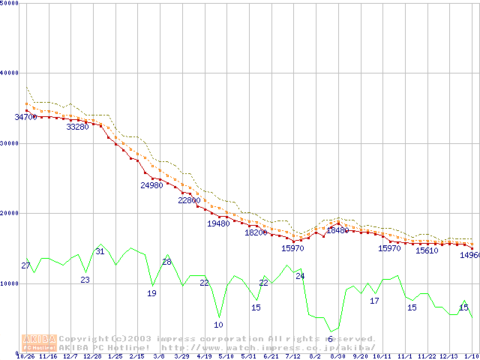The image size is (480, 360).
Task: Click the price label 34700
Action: click(x=25, y=117)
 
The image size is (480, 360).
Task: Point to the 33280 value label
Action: click(x=77, y=127)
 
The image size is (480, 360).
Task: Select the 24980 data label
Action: click(x=151, y=185)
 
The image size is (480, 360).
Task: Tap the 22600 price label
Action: click(x=189, y=200)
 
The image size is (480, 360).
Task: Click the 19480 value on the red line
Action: click(x=218, y=223)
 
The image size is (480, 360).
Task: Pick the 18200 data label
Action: click(x=256, y=232)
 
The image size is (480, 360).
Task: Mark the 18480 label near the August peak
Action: click(x=337, y=230)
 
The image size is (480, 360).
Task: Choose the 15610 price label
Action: click(x=427, y=250)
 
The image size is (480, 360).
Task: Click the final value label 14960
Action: click(x=469, y=255)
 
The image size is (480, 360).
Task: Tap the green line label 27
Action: click(x=25, y=266)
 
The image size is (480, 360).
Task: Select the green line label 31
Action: click(x=100, y=250)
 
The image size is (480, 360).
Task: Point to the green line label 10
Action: click(x=218, y=325)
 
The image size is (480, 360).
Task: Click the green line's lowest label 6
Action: click(x=330, y=339)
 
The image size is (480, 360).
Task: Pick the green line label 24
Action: click(x=300, y=276)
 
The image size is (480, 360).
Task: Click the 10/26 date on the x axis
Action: click(x=25, y=356)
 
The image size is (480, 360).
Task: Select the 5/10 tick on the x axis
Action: click(x=226, y=356)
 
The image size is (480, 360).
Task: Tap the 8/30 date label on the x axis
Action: click(x=337, y=356)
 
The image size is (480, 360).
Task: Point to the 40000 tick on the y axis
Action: click(x=10, y=73)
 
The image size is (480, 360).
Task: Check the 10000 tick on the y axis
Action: click(x=10, y=283)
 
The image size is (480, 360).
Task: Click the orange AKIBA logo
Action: click(x=39, y=343)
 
